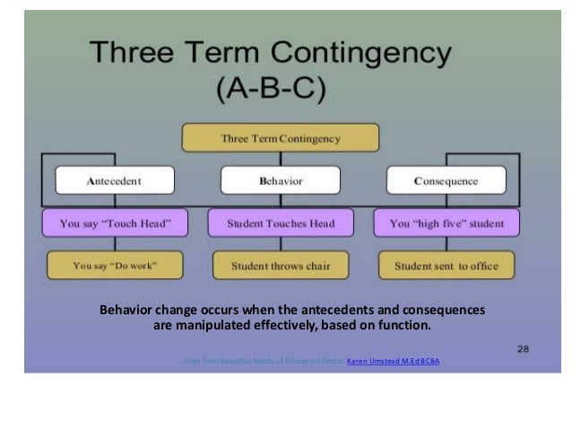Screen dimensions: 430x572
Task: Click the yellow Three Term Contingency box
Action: (x=280, y=138)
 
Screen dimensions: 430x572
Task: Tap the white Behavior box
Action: (x=281, y=180)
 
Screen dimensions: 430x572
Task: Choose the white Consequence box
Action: (x=446, y=180)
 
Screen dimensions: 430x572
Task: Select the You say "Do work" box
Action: (x=115, y=266)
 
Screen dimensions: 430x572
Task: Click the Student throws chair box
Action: (x=281, y=266)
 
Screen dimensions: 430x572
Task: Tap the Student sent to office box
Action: (x=446, y=266)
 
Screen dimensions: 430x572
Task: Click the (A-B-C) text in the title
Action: (x=280, y=88)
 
